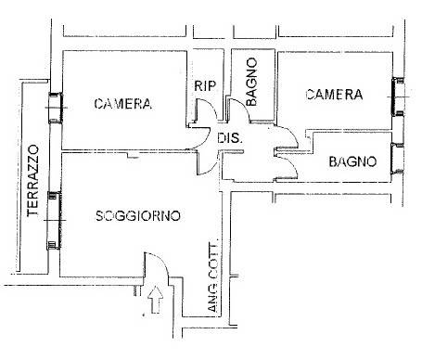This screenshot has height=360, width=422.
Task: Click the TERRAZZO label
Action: coord(32,181)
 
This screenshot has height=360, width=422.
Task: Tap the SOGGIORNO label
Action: coord(138,215)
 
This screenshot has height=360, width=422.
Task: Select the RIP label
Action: coord(205,85)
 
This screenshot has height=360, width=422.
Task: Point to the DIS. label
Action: coord(229,137)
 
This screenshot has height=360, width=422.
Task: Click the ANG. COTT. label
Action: coord(212,276)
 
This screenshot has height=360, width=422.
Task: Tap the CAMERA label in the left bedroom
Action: coord(123,104)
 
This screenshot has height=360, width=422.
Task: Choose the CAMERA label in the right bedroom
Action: coord(334,95)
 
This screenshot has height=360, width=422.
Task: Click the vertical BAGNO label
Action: coord(251,82)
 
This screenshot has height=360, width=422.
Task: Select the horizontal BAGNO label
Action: coord(352,161)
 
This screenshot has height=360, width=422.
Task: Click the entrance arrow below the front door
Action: coord(155,300)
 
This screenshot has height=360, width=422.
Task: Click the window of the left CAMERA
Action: coord(56,108)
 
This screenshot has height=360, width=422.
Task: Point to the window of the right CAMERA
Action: coord(398,96)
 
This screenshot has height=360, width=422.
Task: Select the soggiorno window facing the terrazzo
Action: coord(54,220)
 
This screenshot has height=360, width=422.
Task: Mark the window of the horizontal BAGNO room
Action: coord(397,159)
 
